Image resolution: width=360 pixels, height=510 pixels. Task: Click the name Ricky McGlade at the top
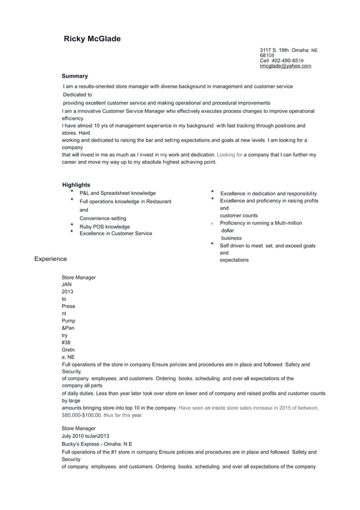pos(92,38)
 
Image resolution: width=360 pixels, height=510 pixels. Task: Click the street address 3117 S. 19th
pos(274,50)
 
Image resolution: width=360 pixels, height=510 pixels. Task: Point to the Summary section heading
pos(74,76)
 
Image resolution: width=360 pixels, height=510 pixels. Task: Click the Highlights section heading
pos(76,185)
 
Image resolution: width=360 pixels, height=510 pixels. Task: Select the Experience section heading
pos(50,259)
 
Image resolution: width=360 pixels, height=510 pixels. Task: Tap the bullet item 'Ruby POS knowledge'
pos(104,226)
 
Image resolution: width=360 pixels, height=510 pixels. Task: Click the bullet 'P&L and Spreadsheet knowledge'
pos(117,193)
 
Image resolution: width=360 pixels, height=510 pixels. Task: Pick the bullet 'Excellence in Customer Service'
pos(115,233)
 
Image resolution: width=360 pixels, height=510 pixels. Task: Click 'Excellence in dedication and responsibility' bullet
pos(268,194)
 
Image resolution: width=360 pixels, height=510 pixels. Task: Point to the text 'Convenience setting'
pos(103,218)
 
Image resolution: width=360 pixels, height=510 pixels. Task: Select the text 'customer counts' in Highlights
pos(239,215)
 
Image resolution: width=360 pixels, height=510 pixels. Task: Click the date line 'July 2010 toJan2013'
pos(85,436)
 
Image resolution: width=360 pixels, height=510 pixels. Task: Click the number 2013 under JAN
pos(67,291)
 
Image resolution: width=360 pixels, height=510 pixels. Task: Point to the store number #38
pos(66,342)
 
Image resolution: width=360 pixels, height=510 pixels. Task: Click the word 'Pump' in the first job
pos(68,320)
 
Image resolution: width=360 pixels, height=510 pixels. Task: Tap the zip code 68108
pos(267,55)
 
